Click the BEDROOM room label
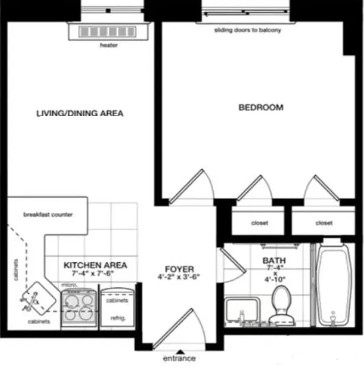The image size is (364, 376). pos(261,107)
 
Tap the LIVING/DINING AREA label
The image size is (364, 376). pos(80,113)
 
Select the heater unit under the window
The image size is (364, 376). pos(108,32)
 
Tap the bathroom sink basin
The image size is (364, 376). pos(242,311)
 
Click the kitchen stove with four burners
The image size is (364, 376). pos(79,306)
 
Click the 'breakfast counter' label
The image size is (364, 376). pos(48,215)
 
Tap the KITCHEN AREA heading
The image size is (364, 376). pos(95,265)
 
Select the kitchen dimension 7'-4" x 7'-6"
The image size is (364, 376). pos(93,273)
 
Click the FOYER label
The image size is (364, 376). pos(179,269)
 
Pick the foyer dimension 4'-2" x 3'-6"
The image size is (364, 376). pos(179,277)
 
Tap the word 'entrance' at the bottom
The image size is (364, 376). pos(179,359)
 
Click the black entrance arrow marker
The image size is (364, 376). pos(179,351)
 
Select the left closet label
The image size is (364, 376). pos(259,223)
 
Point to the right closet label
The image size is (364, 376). pos(324,223)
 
